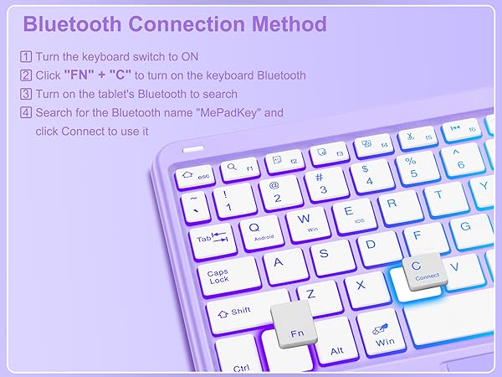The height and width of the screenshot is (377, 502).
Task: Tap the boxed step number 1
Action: click(25, 57)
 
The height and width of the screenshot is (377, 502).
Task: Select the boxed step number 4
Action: click(25, 112)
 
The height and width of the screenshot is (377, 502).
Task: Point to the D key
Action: click(371, 245)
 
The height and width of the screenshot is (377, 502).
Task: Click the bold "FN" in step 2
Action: click(85, 75)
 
